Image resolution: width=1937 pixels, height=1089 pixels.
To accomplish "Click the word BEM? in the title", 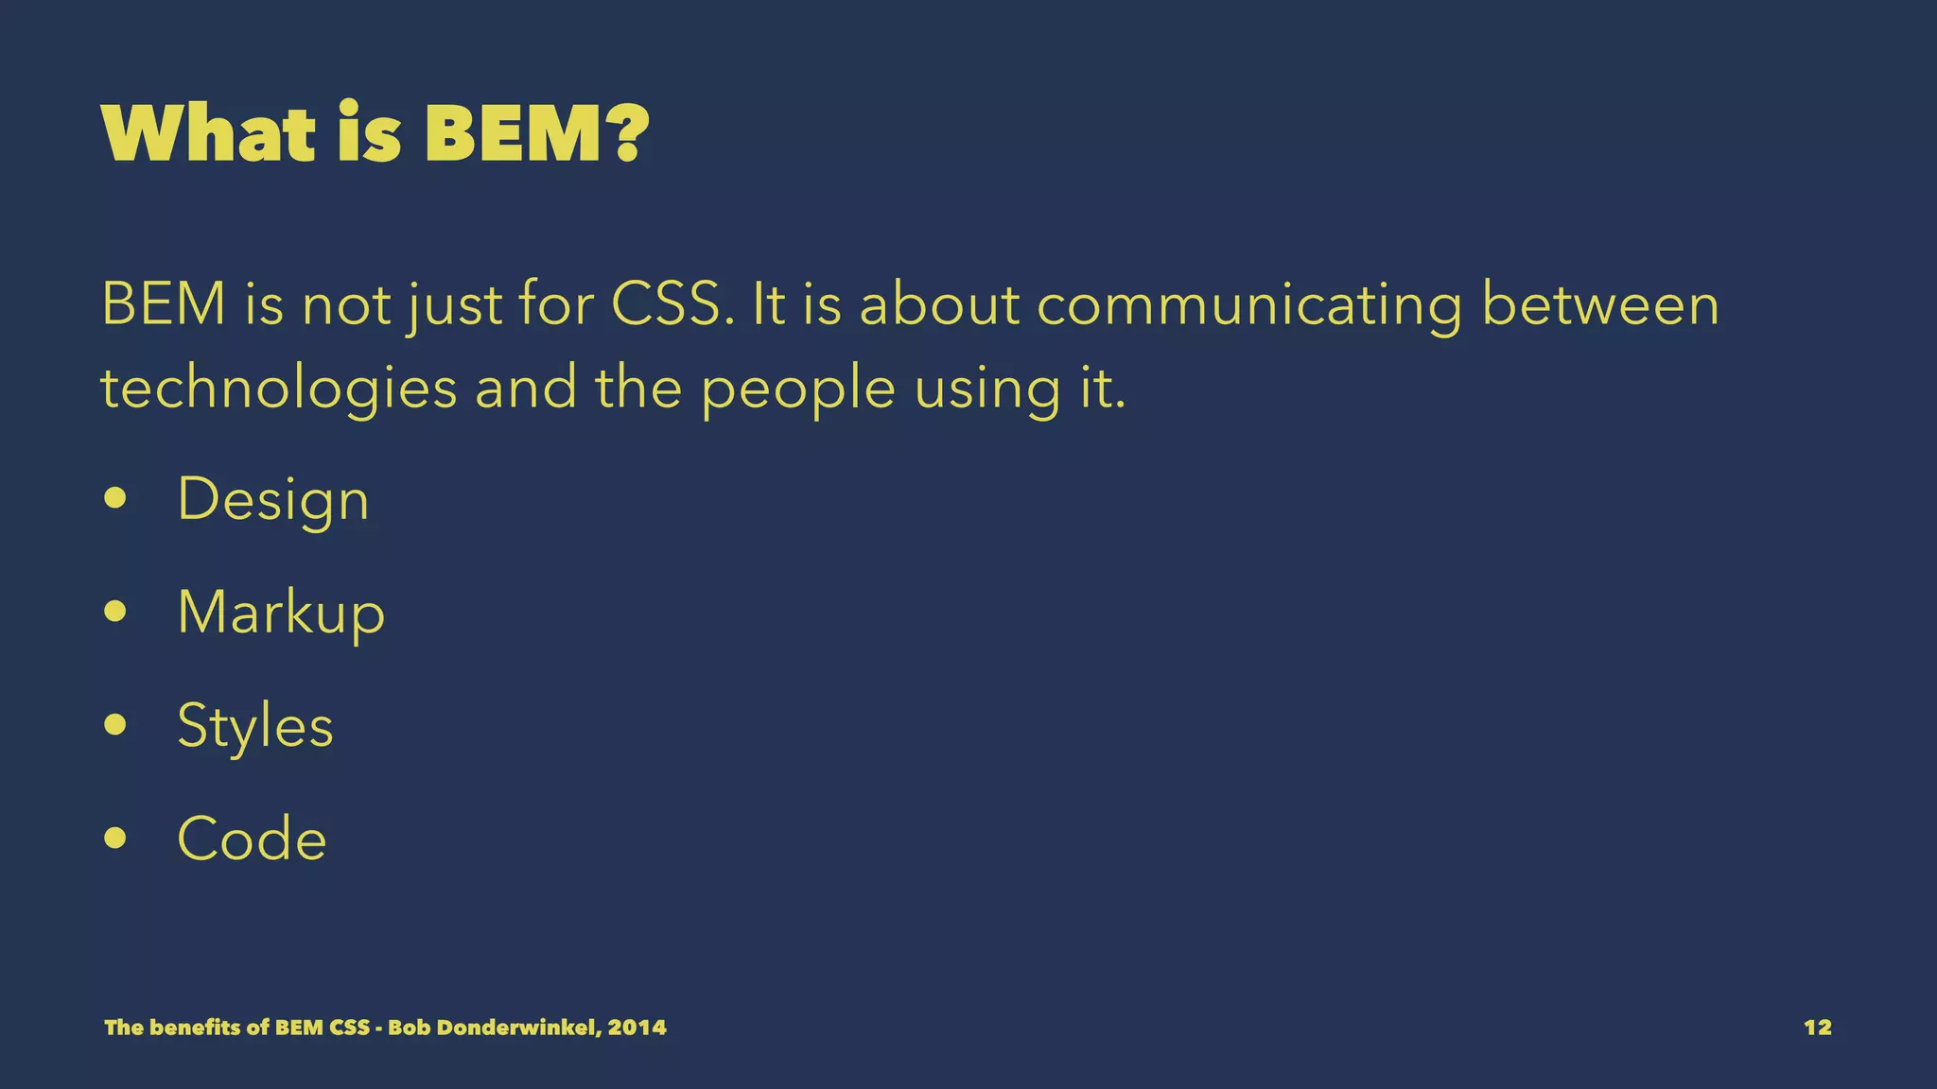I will pos(536,133).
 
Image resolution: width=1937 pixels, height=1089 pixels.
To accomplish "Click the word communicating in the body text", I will pos(1249,304).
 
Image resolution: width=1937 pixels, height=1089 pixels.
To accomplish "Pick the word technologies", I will pos(279,388).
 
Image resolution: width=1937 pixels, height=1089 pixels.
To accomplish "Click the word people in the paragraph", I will pos(798,388).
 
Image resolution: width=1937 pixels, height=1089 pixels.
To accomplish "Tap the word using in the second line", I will pos(987,388).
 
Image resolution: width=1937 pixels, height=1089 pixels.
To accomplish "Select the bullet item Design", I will pos(272,499).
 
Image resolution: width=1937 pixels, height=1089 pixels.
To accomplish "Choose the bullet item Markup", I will pos(281,613).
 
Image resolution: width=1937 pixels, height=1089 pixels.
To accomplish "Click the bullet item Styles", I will pos(255,726).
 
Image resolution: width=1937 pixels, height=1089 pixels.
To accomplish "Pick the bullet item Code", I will pos(252,838).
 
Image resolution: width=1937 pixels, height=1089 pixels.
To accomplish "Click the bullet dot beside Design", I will pos(115,498).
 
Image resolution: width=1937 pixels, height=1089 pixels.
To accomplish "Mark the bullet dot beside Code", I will pos(115,838).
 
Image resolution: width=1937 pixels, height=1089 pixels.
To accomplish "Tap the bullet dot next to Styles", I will pos(115,725).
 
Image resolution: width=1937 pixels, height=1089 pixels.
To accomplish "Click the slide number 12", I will pos(1817,1028).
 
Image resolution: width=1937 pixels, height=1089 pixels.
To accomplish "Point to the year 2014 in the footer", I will pos(637,1028).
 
